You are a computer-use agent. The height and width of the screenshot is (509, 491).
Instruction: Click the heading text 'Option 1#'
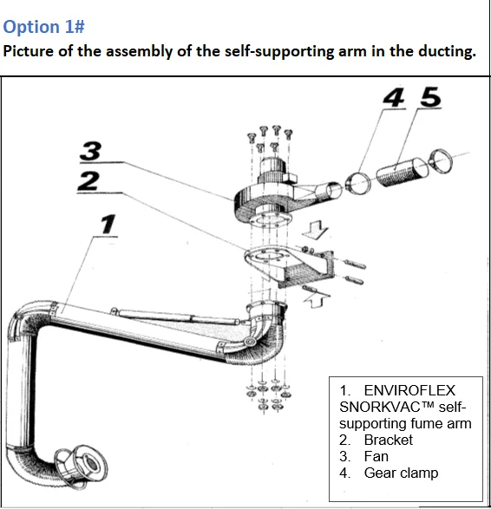click(x=43, y=27)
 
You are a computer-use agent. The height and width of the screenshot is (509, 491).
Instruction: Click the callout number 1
click(x=108, y=224)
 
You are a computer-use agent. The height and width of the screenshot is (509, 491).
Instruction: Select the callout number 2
click(x=88, y=181)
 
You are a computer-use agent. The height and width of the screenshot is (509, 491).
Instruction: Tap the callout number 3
click(x=90, y=151)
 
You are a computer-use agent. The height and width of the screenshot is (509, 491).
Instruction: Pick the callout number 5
click(x=431, y=97)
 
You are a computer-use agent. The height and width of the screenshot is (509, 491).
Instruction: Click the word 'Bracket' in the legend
click(x=389, y=440)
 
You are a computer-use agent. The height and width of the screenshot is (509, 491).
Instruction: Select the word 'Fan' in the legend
click(x=376, y=456)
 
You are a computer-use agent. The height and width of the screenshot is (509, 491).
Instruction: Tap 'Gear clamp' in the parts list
click(x=401, y=473)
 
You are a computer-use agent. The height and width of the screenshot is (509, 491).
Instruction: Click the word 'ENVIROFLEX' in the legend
click(x=409, y=390)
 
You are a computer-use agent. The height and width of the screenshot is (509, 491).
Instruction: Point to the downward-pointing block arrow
click(x=315, y=230)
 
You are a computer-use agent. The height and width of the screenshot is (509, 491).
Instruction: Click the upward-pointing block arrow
click(x=317, y=299)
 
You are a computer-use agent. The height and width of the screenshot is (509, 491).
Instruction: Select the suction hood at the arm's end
click(x=82, y=466)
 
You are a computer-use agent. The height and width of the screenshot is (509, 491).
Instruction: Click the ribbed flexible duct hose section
click(x=402, y=172)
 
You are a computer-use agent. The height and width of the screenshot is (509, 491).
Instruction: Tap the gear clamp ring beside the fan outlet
click(x=358, y=183)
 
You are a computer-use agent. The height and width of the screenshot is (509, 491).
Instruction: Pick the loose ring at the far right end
click(x=441, y=161)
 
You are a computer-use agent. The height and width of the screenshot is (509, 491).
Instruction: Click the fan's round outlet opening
click(x=333, y=191)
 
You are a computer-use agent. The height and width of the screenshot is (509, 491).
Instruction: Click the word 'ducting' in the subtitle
click(x=447, y=52)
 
